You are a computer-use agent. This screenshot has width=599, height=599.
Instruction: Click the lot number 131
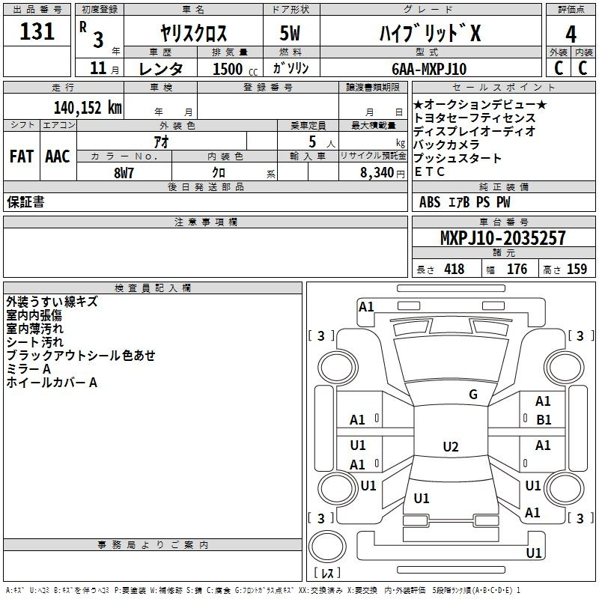pos(37,31)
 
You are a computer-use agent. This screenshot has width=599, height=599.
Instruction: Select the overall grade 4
pos(571,34)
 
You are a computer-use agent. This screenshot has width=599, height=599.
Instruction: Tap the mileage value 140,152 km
pos(88,108)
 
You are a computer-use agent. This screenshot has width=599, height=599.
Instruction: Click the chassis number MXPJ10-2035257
pos(503,237)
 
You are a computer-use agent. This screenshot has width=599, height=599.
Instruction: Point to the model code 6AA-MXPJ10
pos(429,69)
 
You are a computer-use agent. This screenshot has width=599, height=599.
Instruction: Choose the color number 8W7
pos(124,173)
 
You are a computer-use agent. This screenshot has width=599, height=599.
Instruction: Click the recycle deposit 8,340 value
pos(377,173)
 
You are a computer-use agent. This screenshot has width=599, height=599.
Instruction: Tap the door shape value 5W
pos(290,33)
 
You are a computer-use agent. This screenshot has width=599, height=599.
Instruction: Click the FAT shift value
pos(22,156)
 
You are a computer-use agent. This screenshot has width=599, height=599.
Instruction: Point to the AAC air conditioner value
pos(58,156)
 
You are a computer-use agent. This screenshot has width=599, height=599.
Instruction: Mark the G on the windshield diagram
pos(473,395)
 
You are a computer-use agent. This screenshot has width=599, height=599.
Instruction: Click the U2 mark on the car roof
pos(451,446)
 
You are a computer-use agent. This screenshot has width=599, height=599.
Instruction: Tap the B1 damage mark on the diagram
pos(544,420)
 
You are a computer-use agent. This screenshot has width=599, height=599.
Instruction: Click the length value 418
pos(454,269)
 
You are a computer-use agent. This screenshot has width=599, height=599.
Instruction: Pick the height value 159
pos(577,269)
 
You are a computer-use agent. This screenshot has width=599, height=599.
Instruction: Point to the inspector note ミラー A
pos(28,369)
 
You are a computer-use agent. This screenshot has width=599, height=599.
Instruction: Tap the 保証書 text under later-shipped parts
pos(25,202)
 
